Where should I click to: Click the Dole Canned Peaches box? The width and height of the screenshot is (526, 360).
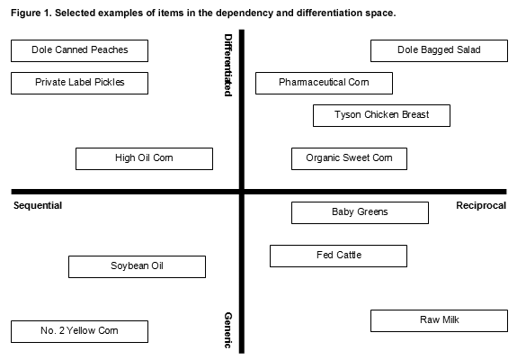coord(79,50)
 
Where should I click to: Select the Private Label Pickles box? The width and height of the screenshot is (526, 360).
coord(79,83)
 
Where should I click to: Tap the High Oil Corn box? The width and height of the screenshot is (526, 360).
coord(144,158)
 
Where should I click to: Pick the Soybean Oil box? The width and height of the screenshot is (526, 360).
coord(137,266)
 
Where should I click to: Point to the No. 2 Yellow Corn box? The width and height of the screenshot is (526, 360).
coord(79,331)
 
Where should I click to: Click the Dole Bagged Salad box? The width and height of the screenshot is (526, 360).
coord(439,50)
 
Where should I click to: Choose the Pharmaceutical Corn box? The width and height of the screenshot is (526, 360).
coord(324,83)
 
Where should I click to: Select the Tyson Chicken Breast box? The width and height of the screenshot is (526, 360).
coord(382,115)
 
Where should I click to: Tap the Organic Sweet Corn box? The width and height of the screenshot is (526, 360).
coord(349,158)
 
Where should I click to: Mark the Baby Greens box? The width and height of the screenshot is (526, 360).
coord(360,213)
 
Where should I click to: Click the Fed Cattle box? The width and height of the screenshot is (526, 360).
coord(338,256)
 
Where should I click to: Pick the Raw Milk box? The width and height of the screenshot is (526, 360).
coord(439,320)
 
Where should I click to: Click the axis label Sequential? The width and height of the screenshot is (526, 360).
coord(38,206)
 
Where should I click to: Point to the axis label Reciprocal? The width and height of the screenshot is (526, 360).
coord(481,205)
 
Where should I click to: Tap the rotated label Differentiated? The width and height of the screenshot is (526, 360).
coord(228,65)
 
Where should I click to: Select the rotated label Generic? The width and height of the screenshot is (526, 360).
coord(228,330)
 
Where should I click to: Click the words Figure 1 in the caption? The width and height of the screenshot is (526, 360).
coord(31,13)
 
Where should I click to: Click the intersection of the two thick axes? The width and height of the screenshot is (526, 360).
coord(242,192)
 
